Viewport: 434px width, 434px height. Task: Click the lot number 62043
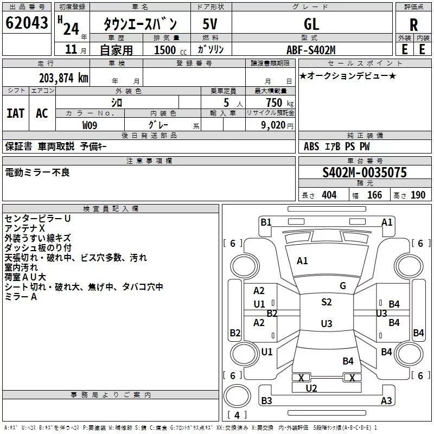[27, 22]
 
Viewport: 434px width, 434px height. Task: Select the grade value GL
[311, 24]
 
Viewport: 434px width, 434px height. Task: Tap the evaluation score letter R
[413, 25]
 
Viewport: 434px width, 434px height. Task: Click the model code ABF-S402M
[311, 50]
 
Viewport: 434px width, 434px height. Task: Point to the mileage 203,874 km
[63, 78]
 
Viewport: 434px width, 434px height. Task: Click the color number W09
[90, 125]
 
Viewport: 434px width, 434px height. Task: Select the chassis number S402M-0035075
[365, 173]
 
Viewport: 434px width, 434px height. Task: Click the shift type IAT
[16, 113]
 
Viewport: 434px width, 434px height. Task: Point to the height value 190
[418, 195]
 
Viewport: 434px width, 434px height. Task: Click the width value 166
[374, 195]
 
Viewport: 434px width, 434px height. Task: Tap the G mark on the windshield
[343, 286]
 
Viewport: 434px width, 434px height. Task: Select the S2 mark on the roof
[327, 302]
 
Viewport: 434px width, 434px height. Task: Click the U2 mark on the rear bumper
[311, 388]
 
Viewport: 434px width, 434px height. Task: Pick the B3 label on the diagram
[266, 400]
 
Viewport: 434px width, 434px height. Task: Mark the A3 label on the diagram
[386, 400]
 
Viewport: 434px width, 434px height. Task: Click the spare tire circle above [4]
[237, 396]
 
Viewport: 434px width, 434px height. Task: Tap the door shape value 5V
[210, 24]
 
